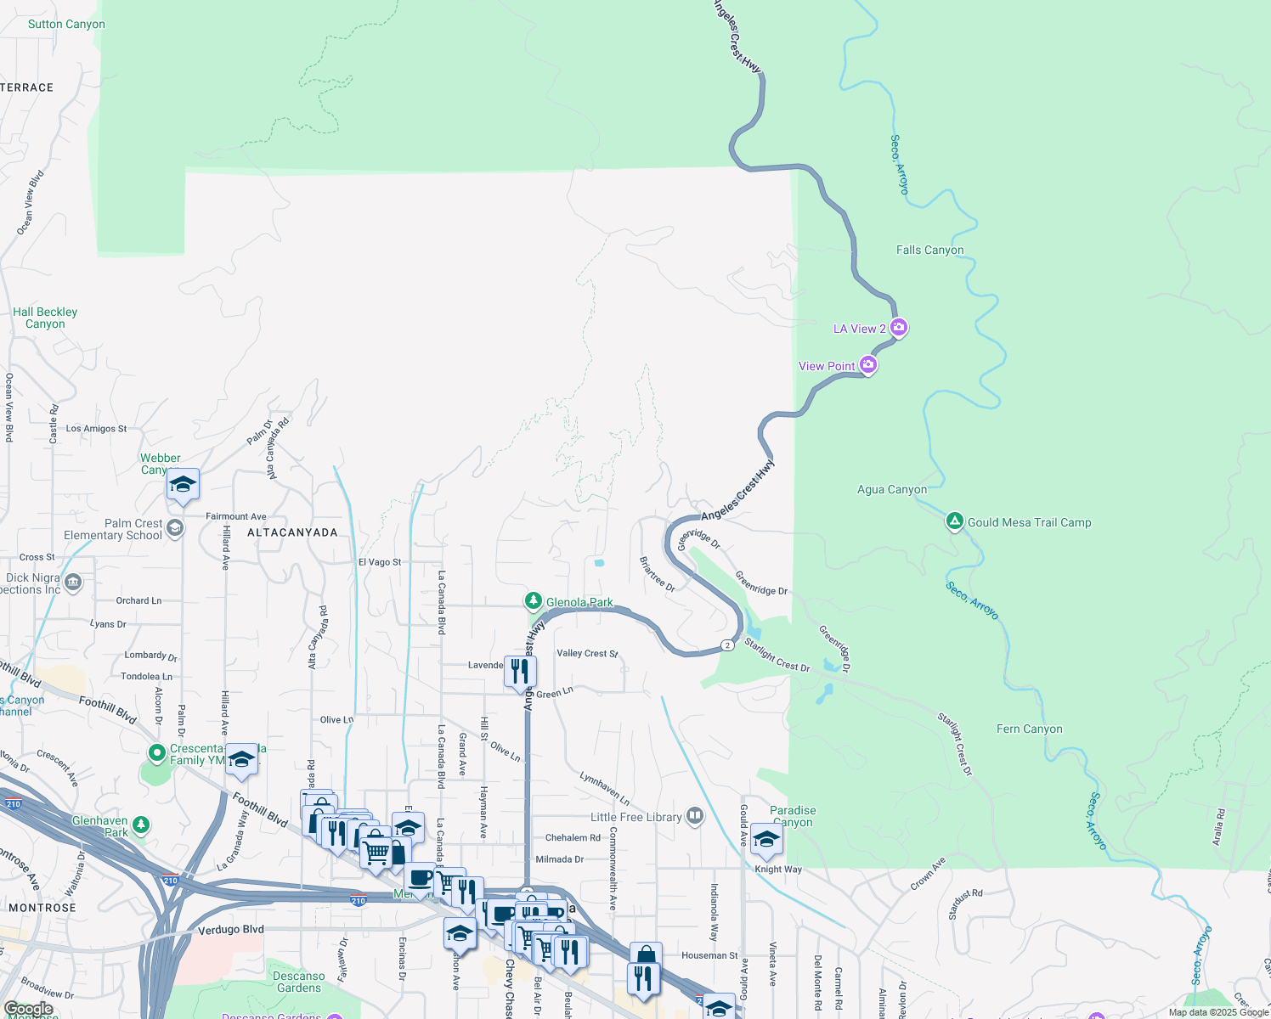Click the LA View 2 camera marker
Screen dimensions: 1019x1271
899,328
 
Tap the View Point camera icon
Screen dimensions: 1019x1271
867,365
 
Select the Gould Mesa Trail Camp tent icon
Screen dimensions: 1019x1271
955,521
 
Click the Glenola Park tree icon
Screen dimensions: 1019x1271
534,601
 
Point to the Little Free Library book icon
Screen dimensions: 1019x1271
695,816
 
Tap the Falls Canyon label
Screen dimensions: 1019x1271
929,250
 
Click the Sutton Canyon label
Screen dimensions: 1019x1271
66,24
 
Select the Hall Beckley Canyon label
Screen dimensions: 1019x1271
45,318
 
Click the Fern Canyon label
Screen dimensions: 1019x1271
1029,729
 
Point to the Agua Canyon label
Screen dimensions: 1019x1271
891,489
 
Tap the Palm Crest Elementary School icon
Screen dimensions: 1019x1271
175,528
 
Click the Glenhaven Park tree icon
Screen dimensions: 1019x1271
141,825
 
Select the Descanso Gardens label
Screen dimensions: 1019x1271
299,982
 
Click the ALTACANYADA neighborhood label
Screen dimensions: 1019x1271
292,532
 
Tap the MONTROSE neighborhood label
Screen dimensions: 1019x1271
42,908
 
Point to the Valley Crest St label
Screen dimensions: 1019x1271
587,653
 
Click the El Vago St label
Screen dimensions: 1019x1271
379,562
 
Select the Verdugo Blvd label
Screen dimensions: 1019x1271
230,929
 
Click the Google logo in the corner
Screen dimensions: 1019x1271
29,1009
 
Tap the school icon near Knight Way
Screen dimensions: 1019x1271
766,839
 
